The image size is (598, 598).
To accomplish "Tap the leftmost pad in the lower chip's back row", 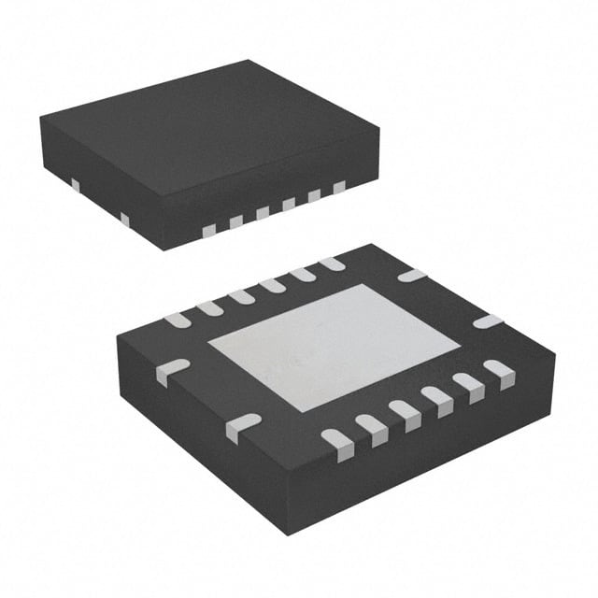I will point(178,320).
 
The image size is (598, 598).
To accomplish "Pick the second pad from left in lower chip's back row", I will point(209,308).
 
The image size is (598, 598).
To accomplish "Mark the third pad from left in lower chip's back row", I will point(241,296).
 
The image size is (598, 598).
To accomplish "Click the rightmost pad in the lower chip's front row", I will point(500,373).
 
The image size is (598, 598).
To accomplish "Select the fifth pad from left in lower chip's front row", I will point(469,386).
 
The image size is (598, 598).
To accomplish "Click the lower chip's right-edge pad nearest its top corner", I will point(412,275).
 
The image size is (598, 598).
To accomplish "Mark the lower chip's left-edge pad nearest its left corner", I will point(173,370).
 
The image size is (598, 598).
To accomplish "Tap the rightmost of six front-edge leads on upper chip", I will point(339,187).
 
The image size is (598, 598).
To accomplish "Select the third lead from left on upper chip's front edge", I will point(263,212).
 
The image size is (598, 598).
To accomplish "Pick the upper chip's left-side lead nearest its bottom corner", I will point(124,219).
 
